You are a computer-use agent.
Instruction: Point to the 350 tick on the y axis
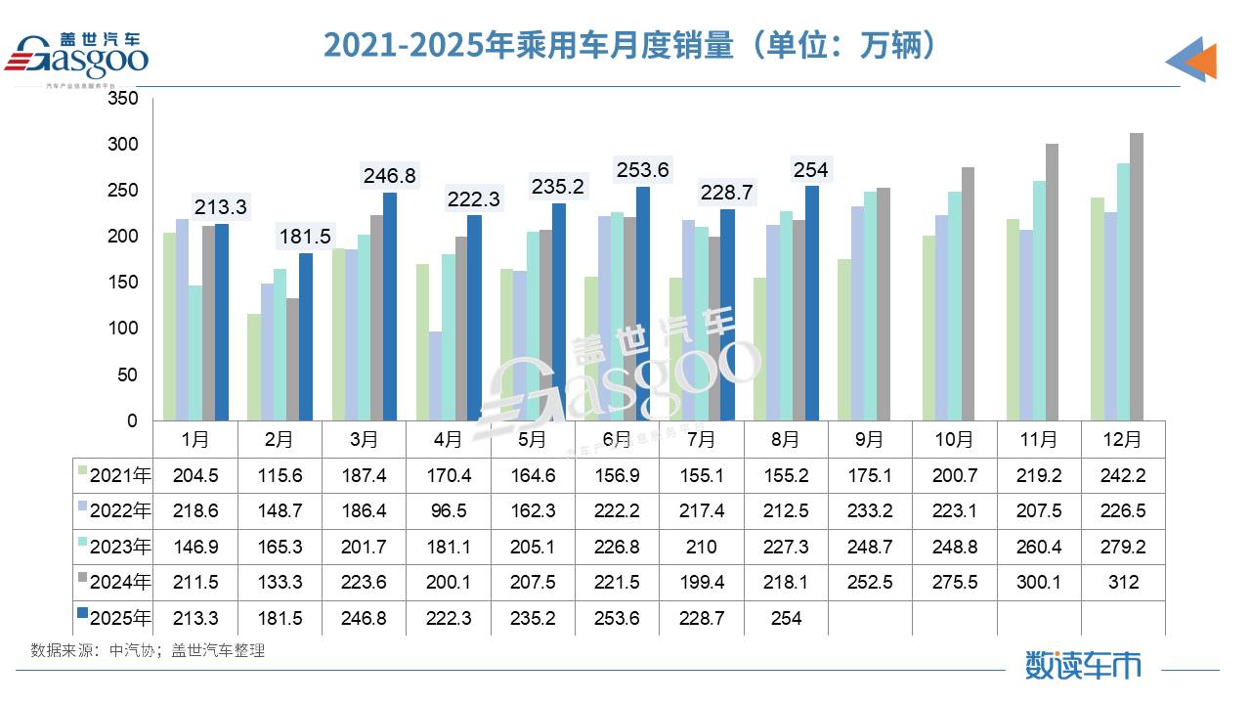pos(123,99)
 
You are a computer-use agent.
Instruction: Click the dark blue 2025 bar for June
pos(642,303)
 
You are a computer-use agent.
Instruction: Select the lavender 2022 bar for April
pos(435,376)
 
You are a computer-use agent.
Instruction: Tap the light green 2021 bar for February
pos(254,368)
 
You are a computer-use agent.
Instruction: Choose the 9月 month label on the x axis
pos(869,440)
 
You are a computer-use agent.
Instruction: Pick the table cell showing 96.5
pos(448,511)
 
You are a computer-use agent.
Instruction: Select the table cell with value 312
pos(1123,583)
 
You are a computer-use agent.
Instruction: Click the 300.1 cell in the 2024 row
pos(1039,583)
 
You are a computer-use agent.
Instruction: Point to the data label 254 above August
pos(811,171)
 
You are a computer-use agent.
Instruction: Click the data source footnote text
pos(148,650)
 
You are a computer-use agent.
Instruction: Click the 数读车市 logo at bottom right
pos(1083,665)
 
